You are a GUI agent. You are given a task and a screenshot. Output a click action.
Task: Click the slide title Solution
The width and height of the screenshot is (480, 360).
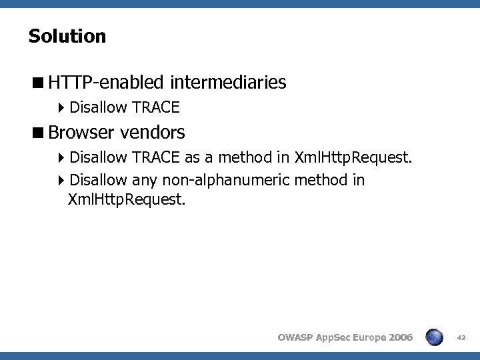click(67, 36)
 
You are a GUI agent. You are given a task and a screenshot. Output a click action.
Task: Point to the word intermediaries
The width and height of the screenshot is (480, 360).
click(228, 83)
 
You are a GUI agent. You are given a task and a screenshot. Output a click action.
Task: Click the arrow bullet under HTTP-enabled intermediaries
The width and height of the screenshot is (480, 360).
click(61, 107)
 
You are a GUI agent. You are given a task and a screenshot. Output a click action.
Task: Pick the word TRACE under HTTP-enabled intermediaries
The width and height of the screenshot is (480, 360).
click(156, 107)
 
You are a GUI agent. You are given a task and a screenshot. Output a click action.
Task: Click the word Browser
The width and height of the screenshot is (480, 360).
click(81, 132)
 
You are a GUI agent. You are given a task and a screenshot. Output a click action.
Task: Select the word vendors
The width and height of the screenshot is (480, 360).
click(153, 132)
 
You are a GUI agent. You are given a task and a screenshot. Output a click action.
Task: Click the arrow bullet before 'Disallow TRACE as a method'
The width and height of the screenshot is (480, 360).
click(61, 158)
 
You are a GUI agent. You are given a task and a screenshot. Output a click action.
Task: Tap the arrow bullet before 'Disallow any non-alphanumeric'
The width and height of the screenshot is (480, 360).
click(61, 180)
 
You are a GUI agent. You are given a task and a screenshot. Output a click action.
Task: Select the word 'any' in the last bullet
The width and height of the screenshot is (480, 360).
click(144, 180)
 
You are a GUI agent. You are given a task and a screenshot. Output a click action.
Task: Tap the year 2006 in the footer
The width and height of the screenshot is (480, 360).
click(398, 338)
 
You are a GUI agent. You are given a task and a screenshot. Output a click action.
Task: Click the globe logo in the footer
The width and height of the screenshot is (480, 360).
click(435, 337)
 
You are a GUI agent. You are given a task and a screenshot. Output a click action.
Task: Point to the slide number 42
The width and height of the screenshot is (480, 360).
click(461, 338)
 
